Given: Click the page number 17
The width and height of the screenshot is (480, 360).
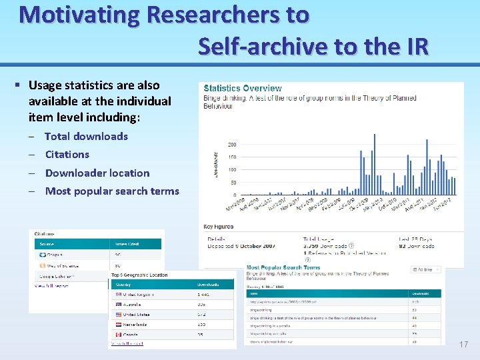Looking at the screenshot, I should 464,345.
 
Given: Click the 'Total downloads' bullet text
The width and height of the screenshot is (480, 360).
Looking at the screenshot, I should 86,136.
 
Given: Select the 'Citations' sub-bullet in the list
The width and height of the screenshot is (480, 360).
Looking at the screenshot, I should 67,154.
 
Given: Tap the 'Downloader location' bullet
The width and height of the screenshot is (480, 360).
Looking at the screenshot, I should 97,173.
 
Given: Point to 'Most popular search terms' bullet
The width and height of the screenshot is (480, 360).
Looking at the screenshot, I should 111,191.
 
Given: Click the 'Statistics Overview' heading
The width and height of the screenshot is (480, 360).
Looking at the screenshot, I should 242,88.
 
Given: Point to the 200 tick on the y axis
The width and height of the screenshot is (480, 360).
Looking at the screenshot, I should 232,145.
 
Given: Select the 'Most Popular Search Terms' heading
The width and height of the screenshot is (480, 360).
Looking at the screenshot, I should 283,267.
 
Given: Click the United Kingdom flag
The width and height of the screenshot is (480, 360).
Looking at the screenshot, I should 117,294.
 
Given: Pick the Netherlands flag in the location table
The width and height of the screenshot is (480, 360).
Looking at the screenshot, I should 117,325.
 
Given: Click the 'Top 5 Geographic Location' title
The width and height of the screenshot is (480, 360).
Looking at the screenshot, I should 139,275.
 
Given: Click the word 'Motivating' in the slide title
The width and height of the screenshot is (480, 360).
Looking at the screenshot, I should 80,14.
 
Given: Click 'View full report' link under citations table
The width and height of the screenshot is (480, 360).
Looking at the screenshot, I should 51,286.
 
